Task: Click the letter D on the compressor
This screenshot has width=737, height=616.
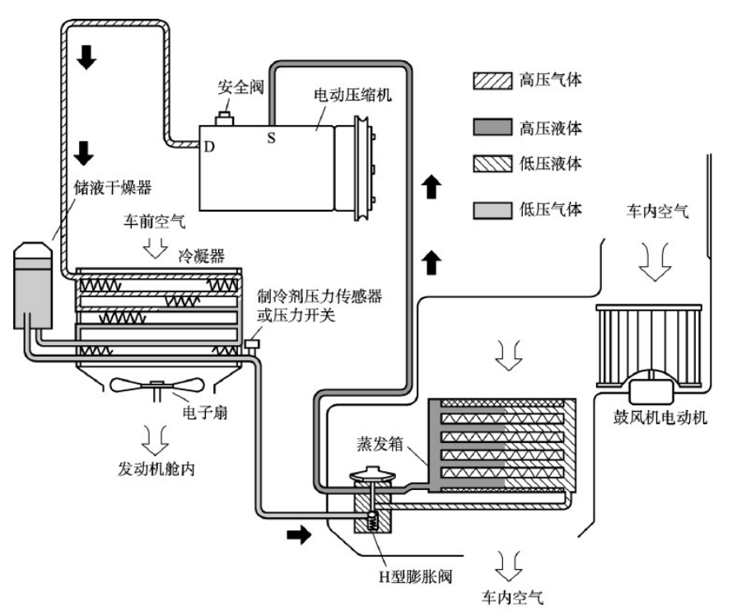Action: [x=209, y=147]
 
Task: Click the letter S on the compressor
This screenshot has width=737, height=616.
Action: [x=271, y=138]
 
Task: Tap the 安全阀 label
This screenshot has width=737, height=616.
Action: [x=240, y=87]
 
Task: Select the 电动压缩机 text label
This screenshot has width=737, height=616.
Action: [x=352, y=95]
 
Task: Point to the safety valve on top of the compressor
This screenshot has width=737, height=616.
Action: [x=225, y=119]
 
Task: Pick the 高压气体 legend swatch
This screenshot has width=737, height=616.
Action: [x=492, y=81]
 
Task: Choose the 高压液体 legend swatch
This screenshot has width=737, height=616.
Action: [x=492, y=127]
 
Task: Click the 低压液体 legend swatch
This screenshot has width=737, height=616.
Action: [x=492, y=163]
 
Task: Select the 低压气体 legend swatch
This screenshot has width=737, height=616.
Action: [x=492, y=210]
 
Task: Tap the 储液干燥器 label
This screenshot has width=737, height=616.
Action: [x=113, y=188]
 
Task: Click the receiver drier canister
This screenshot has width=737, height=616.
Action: [x=32, y=285]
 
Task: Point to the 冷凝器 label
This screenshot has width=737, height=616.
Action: [x=201, y=256]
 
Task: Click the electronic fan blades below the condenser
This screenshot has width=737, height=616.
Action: [x=156, y=385]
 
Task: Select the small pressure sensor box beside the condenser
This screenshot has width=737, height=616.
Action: [x=252, y=345]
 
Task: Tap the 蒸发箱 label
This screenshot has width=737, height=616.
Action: [x=380, y=443]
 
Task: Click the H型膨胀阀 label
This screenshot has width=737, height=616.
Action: [x=416, y=576]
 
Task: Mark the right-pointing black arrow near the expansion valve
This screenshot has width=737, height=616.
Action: [x=299, y=534]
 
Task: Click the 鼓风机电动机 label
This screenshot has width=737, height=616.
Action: [x=660, y=417]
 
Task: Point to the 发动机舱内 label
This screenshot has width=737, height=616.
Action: [x=156, y=469]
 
